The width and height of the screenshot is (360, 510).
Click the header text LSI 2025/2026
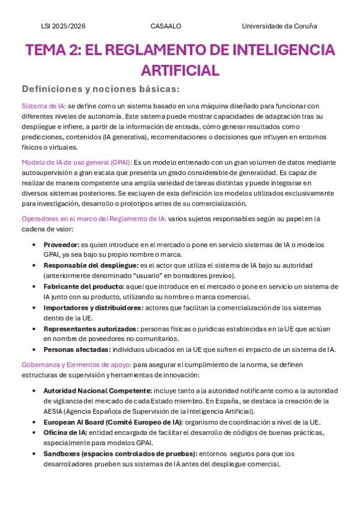(x=63, y=26)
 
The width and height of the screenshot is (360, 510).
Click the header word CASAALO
(x=166, y=26)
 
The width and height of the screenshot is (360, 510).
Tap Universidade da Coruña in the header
(x=279, y=26)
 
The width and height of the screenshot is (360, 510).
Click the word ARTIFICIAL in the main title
(x=180, y=70)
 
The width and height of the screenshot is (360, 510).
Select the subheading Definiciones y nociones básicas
(x=100, y=89)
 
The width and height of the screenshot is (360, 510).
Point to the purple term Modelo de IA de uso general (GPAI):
(x=76, y=162)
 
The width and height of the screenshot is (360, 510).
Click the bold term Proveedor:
(x=61, y=245)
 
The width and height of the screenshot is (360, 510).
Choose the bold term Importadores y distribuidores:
(x=93, y=307)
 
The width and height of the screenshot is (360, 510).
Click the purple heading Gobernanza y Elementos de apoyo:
(x=76, y=364)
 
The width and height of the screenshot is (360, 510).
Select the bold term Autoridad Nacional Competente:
(x=97, y=390)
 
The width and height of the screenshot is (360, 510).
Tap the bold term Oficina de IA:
(x=65, y=432)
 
